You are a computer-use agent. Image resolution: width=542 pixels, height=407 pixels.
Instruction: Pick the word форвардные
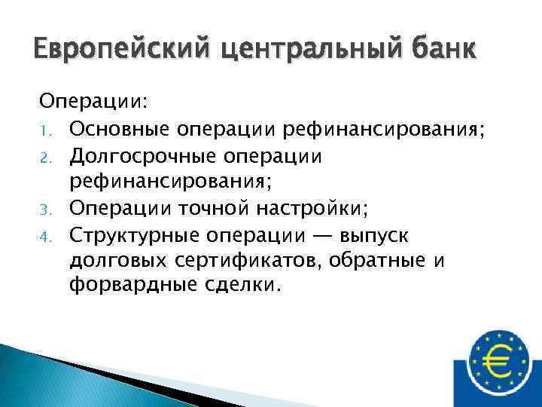[121, 287]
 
